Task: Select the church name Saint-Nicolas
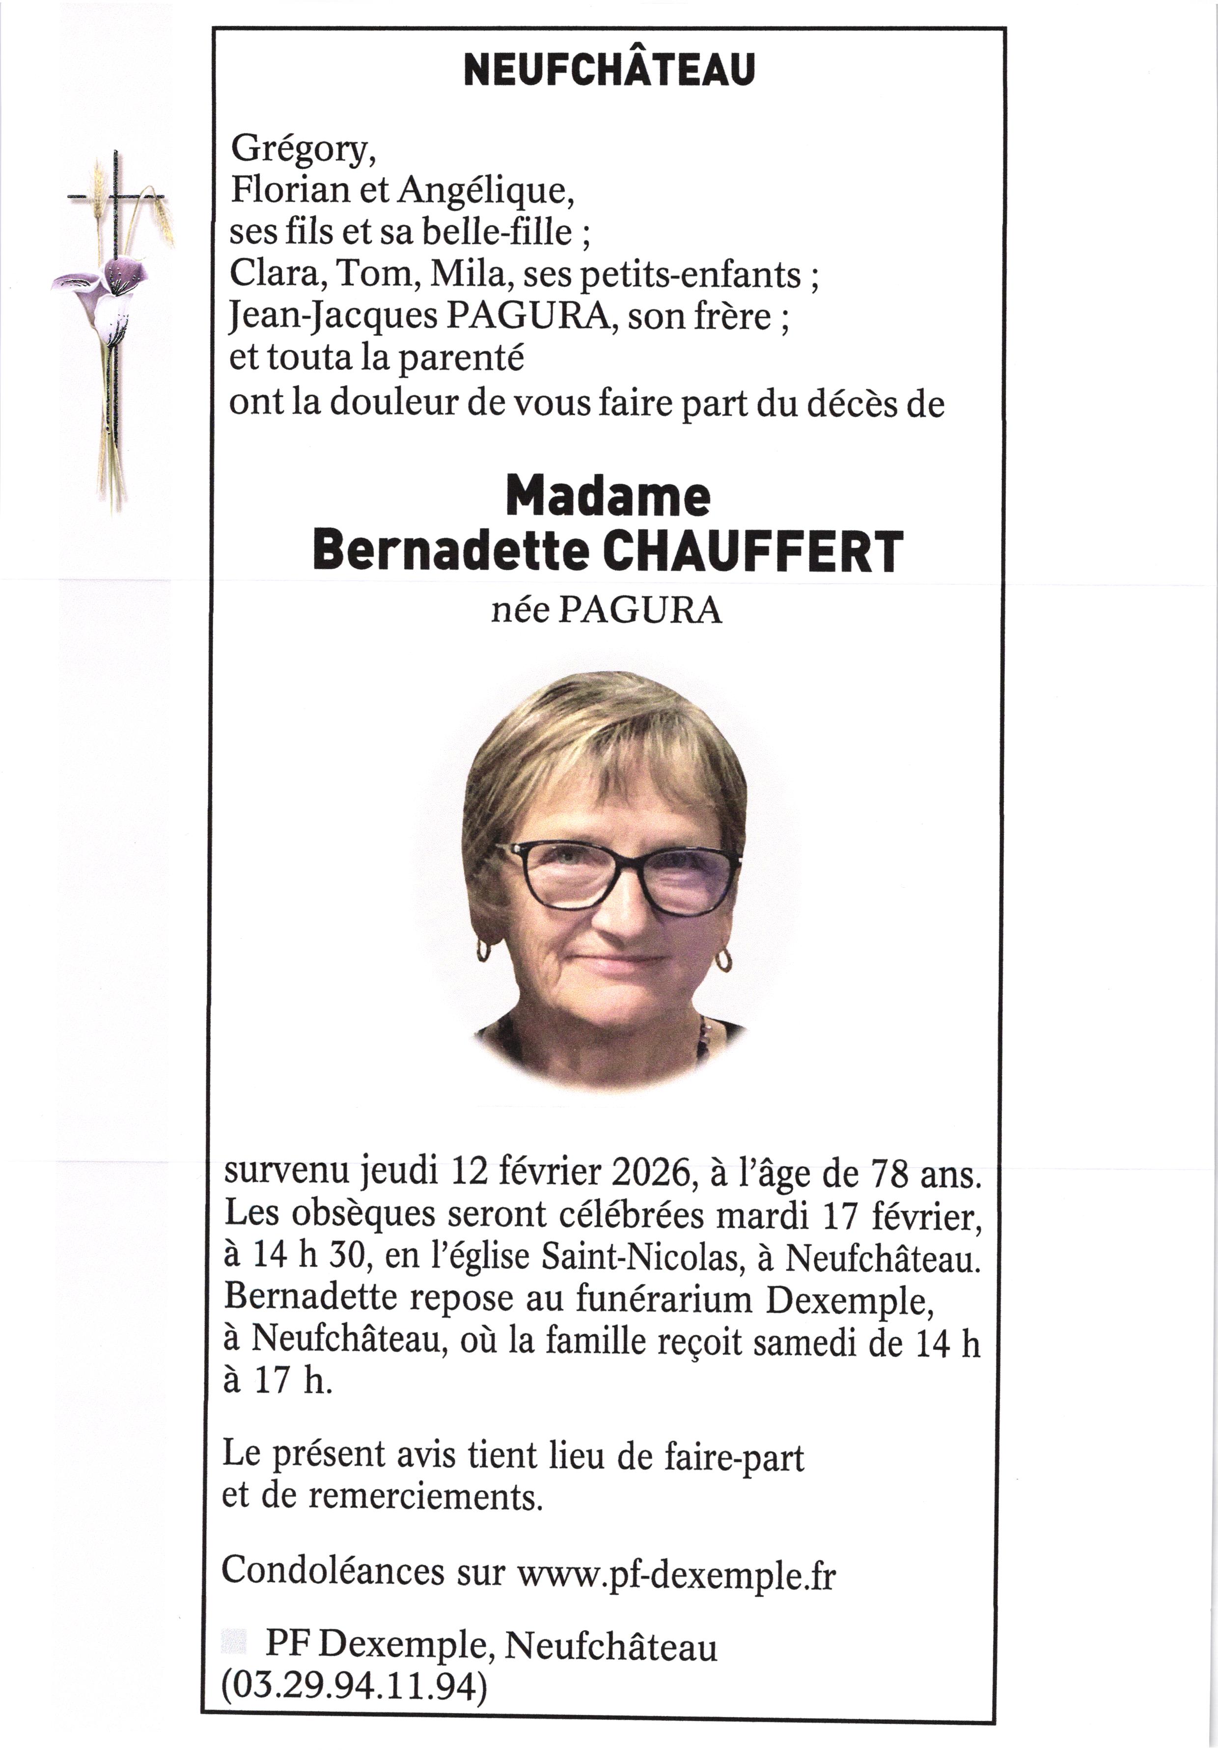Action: click(x=642, y=1258)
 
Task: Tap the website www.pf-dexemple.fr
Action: click(x=676, y=1572)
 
